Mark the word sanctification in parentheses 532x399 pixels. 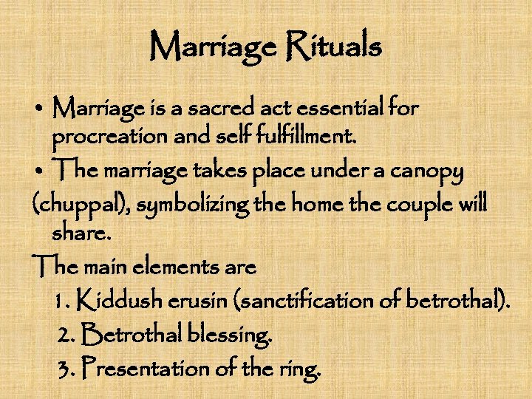[x=311, y=301]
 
